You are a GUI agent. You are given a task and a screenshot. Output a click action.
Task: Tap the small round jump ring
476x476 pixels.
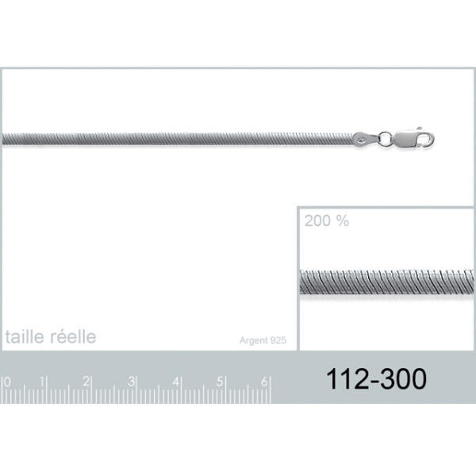[x=386, y=139]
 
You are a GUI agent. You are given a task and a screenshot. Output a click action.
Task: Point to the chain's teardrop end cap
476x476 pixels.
[x=366, y=140]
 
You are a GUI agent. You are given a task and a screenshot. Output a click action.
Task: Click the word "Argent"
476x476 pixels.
[x=254, y=340]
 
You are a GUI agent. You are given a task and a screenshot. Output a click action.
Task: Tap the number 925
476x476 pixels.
[x=278, y=340]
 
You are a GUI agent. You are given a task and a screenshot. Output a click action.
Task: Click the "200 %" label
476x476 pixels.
[x=327, y=221]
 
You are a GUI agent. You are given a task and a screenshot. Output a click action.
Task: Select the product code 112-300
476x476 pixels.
[x=376, y=378]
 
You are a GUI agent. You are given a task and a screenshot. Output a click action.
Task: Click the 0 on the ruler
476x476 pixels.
[x=7, y=382]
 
